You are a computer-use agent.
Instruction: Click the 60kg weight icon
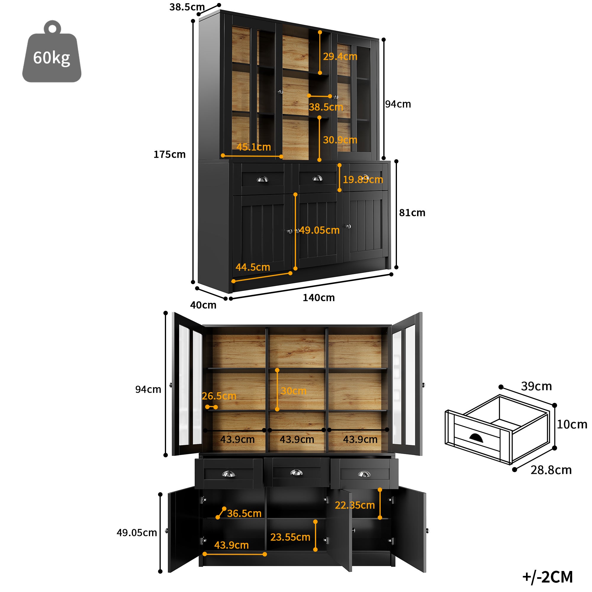point(52,54)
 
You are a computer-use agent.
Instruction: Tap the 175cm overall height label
point(169,155)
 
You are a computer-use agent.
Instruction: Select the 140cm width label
point(318,297)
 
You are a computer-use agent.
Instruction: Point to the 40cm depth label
point(203,305)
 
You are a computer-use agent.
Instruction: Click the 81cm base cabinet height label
point(412,213)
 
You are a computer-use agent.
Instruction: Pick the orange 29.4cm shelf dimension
point(340,56)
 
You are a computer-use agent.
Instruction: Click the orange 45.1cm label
point(253,147)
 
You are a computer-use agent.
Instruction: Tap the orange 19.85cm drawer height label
point(363,180)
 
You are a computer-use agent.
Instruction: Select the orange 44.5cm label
point(252,267)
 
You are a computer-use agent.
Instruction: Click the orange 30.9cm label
point(340,140)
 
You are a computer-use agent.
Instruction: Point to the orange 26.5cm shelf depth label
point(219,396)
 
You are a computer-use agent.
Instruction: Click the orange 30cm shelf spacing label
point(293,391)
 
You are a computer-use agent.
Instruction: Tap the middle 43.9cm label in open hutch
point(297,439)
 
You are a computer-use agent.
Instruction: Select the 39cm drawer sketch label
point(536,386)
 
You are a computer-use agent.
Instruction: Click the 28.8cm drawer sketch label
point(551,470)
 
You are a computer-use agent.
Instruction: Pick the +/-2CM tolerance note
point(547,577)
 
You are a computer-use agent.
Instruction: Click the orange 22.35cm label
point(355,505)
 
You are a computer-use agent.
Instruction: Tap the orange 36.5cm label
point(244,513)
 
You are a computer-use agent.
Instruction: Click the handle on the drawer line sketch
point(476,438)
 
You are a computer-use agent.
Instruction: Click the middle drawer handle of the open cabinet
point(296,473)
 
